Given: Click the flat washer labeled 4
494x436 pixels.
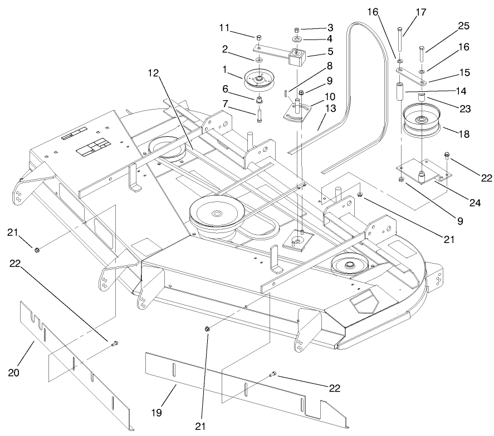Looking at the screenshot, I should [297, 40].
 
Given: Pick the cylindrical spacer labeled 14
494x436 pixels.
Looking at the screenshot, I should [399, 92].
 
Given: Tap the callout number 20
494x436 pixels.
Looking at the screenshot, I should [14, 371].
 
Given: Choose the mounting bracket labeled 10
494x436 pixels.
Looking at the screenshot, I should [299, 113].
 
